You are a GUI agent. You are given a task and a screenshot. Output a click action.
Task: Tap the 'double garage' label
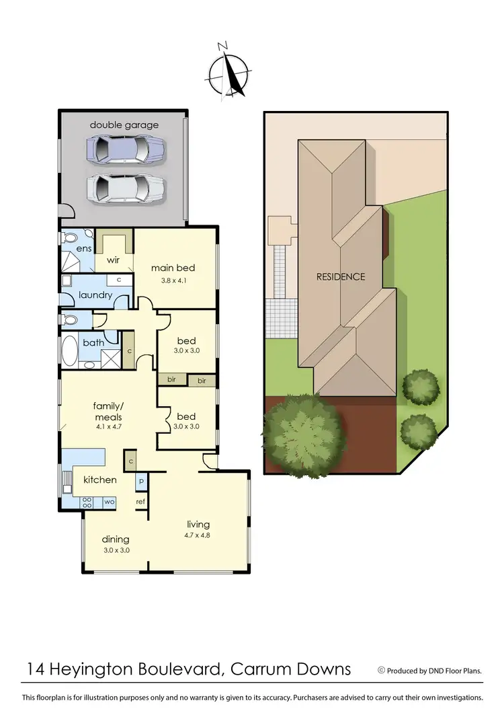(x=124, y=125)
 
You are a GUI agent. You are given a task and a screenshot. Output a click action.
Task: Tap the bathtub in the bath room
(x=70, y=350)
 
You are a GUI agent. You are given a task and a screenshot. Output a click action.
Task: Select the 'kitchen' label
(x=100, y=480)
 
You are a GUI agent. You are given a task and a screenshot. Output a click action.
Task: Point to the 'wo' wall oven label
(x=108, y=501)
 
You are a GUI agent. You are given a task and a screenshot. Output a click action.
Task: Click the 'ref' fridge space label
(x=141, y=501)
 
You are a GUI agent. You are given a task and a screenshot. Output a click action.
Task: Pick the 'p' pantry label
(x=141, y=482)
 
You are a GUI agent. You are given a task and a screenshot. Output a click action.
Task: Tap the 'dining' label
(x=116, y=539)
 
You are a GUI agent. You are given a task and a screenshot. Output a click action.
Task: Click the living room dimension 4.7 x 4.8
(x=198, y=536)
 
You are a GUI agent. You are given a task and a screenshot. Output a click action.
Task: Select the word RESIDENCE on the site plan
(x=341, y=276)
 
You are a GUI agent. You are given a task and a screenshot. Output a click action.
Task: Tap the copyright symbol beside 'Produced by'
(x=382, y=670)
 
